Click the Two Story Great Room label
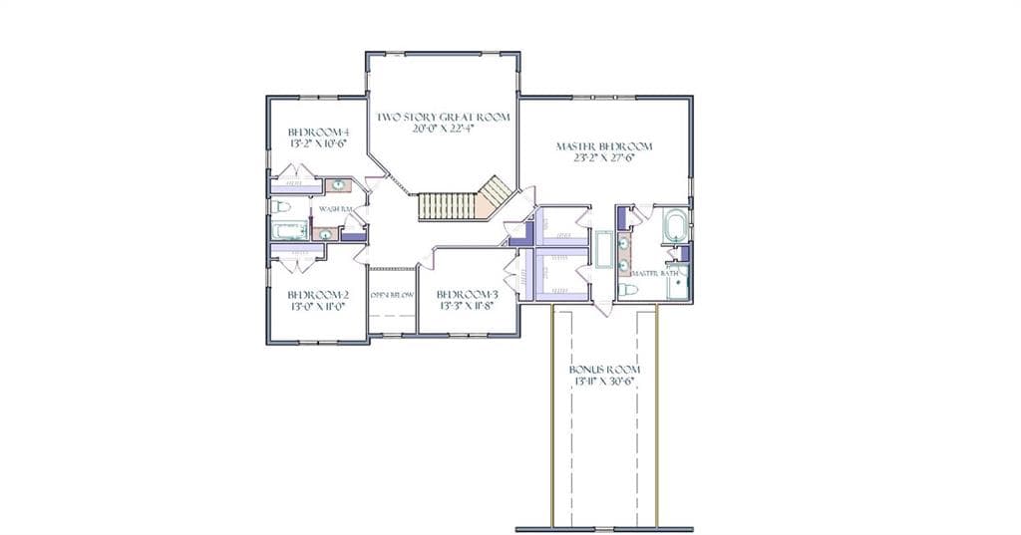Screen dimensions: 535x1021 pos(443,117)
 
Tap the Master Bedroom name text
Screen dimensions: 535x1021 pos(596,145)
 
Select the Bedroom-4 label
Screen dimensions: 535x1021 pos(318,132)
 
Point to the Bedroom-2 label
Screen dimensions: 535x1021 pos(318,294)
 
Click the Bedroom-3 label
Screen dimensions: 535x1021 pos(467,294)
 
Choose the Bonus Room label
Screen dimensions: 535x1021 pos(597,369)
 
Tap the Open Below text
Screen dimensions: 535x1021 pos(392,295)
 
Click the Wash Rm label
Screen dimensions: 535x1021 pos(336,208)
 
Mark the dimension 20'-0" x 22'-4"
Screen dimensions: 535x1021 pos(443,129)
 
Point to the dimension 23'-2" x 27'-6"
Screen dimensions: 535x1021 pos(596,157)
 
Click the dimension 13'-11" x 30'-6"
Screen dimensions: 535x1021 pos(597,381)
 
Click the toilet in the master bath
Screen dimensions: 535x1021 pos(628,290)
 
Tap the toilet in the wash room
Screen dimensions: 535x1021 pos(281,207)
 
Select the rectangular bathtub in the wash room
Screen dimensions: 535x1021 pos(291,231)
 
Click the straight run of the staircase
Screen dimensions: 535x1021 pos(439,206)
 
